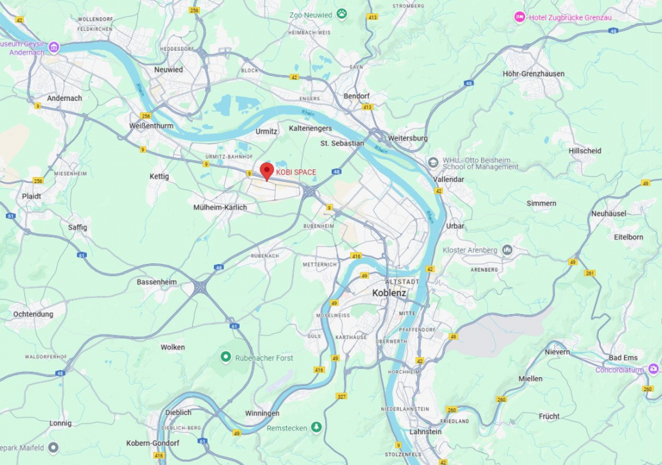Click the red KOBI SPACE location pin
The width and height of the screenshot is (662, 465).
coord(267,171)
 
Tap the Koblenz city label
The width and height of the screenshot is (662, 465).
coord(389,293)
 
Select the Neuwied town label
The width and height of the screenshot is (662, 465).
coord(168,69)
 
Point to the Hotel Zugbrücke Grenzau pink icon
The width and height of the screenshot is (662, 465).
coord(519,17)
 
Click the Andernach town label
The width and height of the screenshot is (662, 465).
coord(64,98)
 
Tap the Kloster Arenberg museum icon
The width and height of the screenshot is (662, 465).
coord(507,249)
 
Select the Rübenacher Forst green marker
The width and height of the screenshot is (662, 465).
coord(226,356)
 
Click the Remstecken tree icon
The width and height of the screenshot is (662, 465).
coord(316,426)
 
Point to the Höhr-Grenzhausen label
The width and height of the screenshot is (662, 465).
coord(533,74)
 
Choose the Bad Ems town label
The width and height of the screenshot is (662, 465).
coord(623,357)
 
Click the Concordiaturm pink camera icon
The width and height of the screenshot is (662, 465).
coord(653,369)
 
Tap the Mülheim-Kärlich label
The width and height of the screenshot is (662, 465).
coord(220,207)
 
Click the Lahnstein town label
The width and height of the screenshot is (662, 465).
coord(425,432)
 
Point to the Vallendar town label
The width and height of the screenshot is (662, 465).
coord(449,179)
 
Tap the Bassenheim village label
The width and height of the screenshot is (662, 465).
coord(156,282)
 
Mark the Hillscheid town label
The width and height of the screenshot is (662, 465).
coord(585,151)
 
